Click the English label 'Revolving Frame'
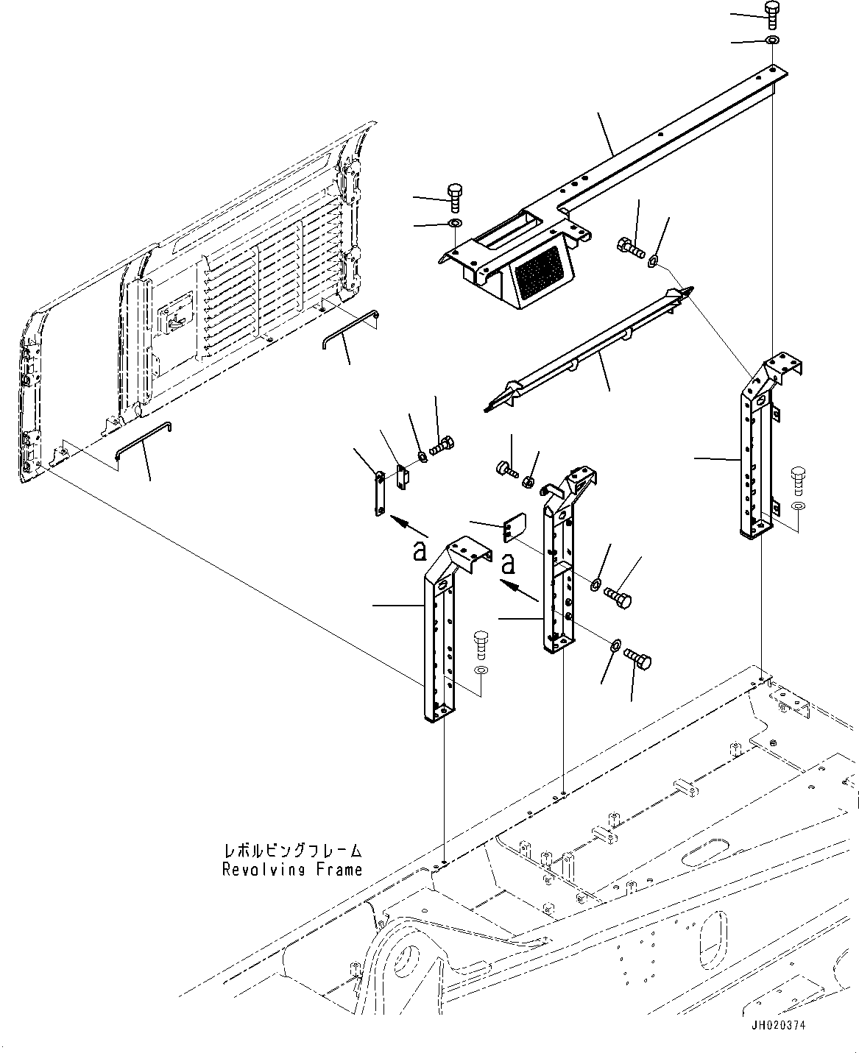pos(292,870)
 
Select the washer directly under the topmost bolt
pos(771,40)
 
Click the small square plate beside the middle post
pos(512,528)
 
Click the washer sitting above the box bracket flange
pos(456,223)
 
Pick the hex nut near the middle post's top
pos(529,482)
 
